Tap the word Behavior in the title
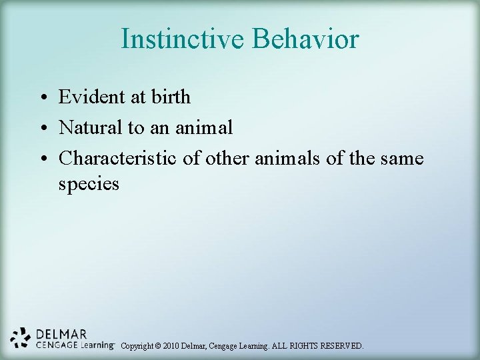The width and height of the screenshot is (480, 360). click(x=305, y=39)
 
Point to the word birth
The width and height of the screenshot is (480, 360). click(x=171, y=97)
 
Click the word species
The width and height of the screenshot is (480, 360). click(x=89, y=184)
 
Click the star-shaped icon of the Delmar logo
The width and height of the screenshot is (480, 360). click(x=21, y=337)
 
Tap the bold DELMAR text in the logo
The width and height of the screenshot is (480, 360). click(x=61, y=333)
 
